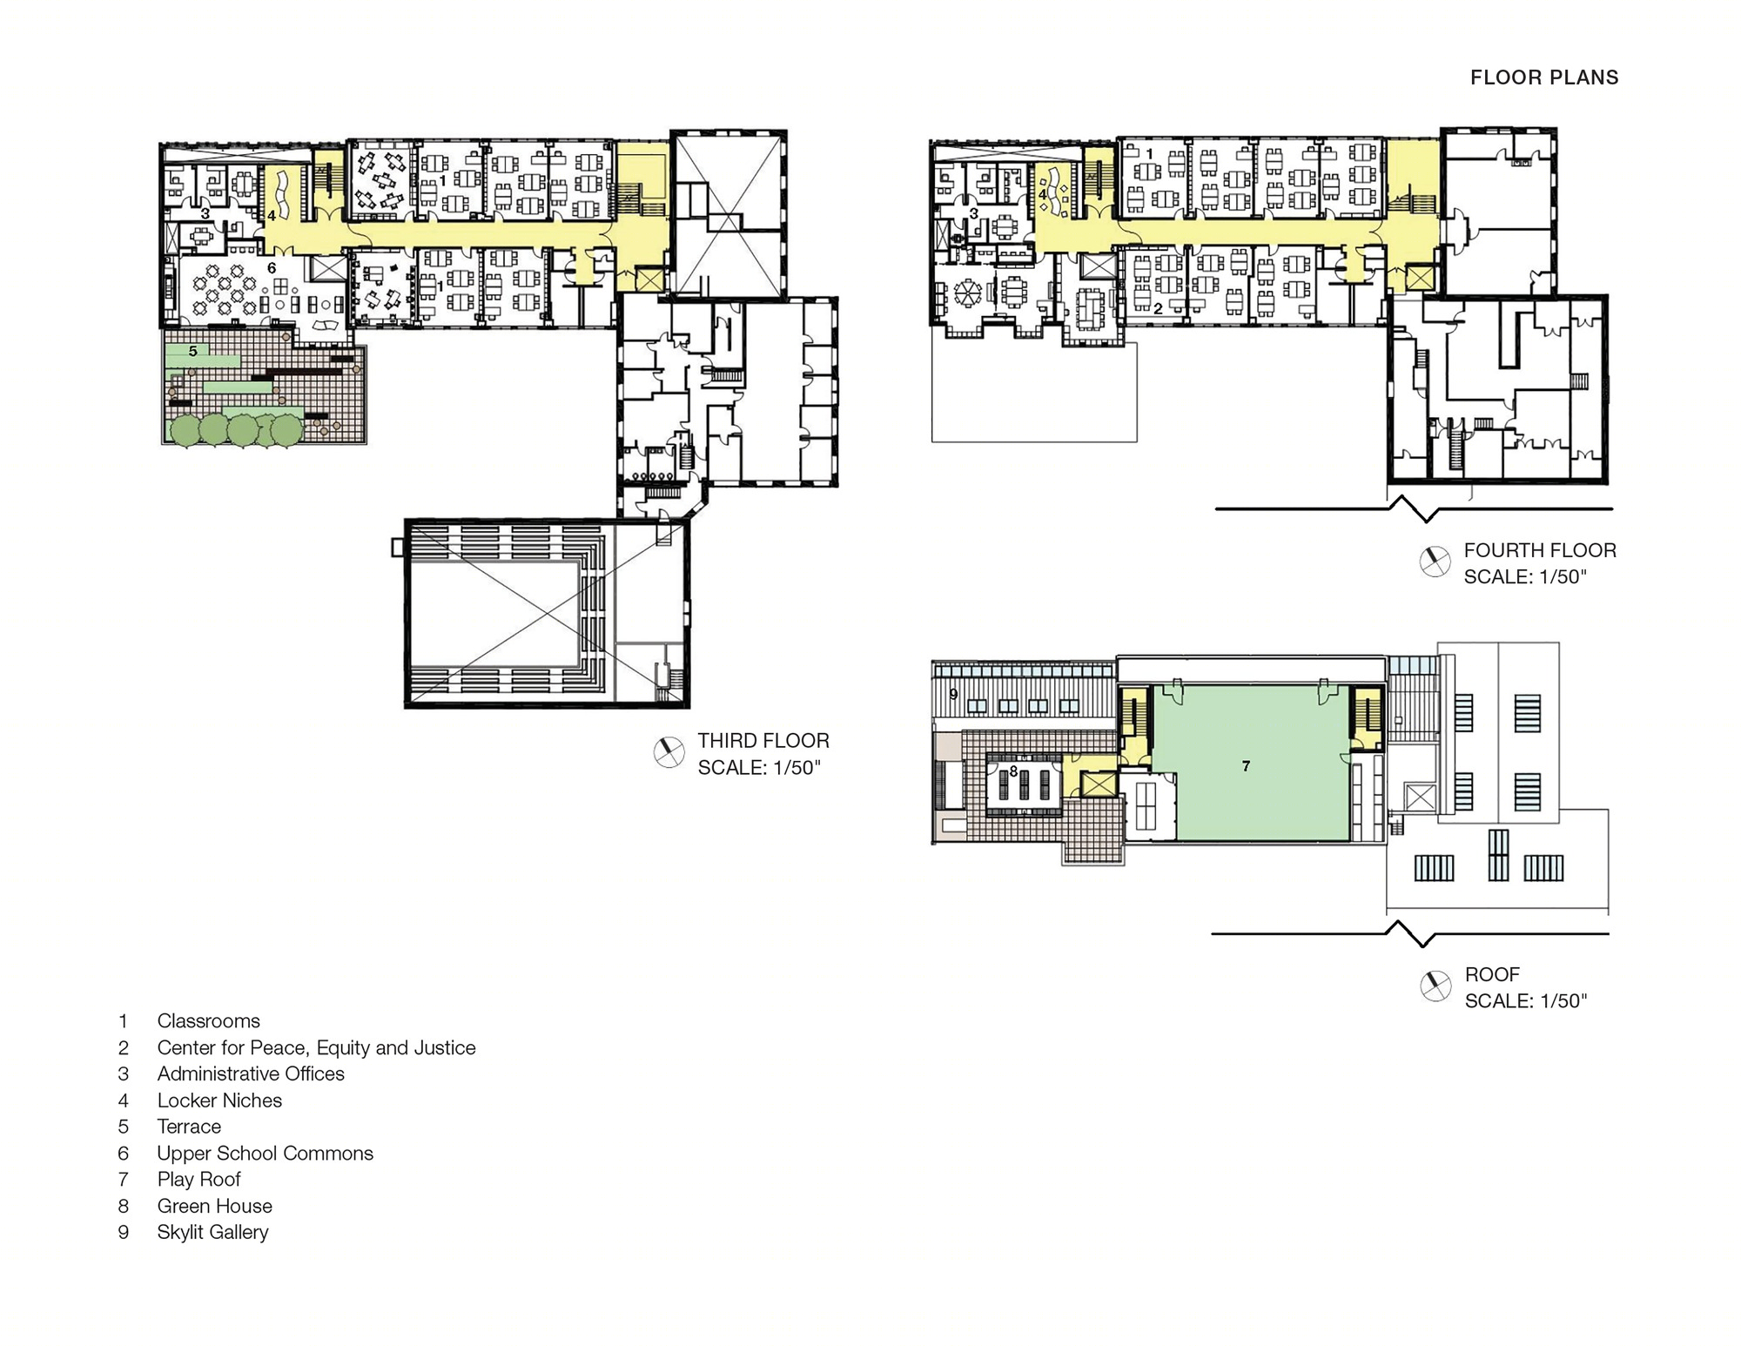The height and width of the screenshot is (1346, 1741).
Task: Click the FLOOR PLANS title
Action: [x=1544, y=77]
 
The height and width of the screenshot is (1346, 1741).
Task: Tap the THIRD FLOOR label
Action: [x=763, y=741]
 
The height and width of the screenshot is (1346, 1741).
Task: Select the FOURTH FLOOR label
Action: [x=1540, y=550]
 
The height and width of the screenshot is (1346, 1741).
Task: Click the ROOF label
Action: [x=1492, y=974]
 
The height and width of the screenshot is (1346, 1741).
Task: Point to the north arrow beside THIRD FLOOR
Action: [x=669, y=752]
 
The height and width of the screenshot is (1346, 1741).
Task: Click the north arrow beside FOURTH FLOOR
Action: [x=1435, y=562]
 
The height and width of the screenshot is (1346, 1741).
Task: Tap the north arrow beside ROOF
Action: [x=1435, y=986]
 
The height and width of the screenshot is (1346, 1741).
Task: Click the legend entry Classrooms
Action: [x=208, y=1021]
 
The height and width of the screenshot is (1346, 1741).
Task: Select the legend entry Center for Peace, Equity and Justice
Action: [x=316, y=1047]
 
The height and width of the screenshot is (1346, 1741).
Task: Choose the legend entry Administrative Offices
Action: [x=251, y=1073]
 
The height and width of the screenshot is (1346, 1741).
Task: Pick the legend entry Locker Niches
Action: [x=219, y=1100]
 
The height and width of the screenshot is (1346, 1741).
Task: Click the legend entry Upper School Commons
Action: [x=265, y=1154]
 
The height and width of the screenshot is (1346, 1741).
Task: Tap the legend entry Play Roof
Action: [x=198, y=1180]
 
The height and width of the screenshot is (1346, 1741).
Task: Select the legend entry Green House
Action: [x=214, y=1206]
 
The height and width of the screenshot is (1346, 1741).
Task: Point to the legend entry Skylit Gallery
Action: [x=212, y=1232]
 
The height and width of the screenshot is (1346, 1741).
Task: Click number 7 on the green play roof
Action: [x=1246, y=766]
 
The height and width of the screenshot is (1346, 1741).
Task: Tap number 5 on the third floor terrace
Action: [x=193, y=351]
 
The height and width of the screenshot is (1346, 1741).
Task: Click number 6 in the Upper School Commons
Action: [x=272, y=268]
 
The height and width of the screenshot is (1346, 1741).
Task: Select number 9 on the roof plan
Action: [x=953, y=694]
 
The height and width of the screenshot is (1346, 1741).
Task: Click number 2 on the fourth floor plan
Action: [x=1158, y=308]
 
